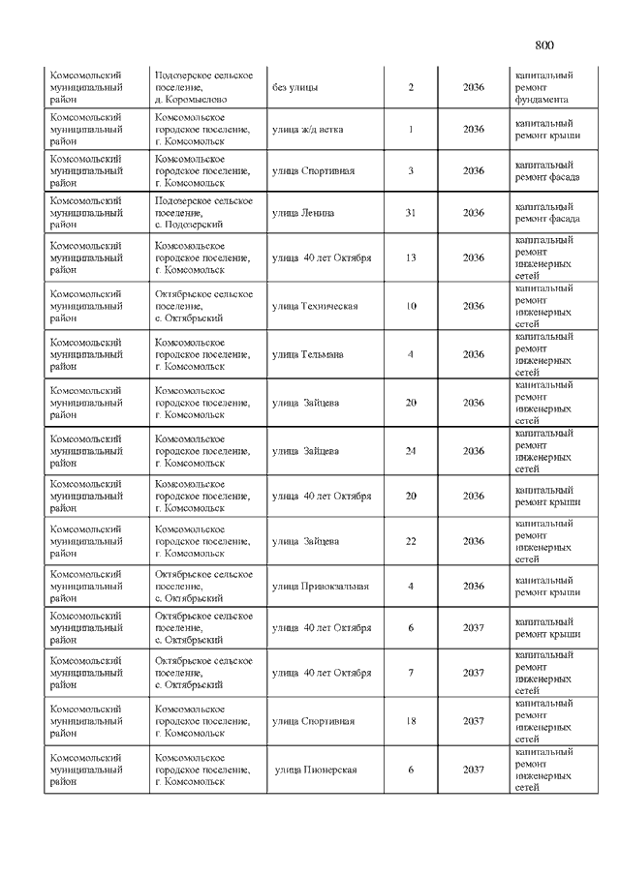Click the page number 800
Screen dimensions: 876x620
pyautogui.click(x=543, y=45)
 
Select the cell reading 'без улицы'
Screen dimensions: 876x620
pyautogui.click(x=295, y=88)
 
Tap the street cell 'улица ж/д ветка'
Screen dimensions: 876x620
pyautogui.click(x=307, y=130)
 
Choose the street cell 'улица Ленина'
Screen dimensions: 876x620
pyautogui.click(x=303, y=213)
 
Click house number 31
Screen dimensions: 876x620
pyautogui.click(x=410, y=213)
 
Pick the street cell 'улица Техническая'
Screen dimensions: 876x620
pyautogui.click(x=315, y=306)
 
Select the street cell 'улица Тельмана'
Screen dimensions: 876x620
pyautogui.click(x=307, y=354)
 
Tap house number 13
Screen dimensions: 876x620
pyautogui.click(x=410, y=257)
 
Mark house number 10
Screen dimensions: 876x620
pyautogui.click(x=410, y=306)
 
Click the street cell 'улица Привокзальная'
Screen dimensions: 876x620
pyautogui.click(x=321, y=586)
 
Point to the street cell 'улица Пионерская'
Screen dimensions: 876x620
pyautogui.click(x=317, y=770)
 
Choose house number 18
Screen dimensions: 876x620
pyautogui.click(x=410, y=721)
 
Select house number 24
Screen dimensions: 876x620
pyautogui.click(x=410, y=451)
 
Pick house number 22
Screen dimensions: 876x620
pyautogui.click(x=410, y=541)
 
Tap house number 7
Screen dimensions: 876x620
pyautogui.click(x=410, y=673)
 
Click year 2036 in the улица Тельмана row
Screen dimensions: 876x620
pyautogui.click(x=474, y=354)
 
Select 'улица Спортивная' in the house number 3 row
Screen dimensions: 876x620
pyautogui.click(x=313, y=171)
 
